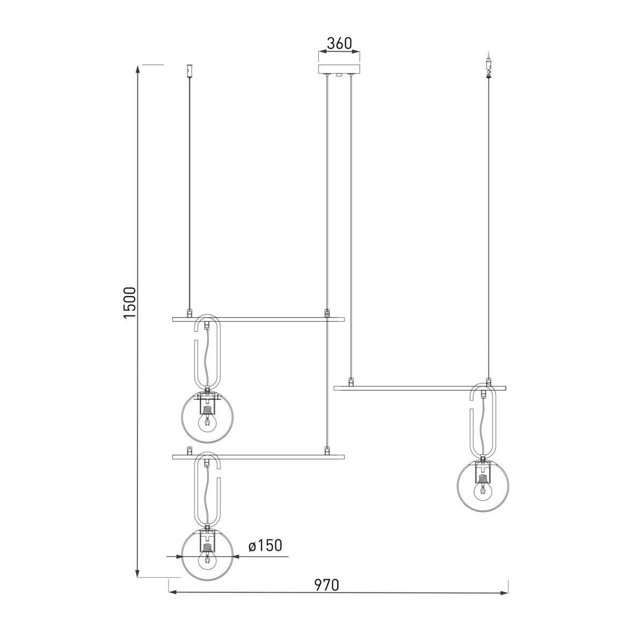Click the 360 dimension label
click(x=339, y=43)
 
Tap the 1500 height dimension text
click(x=130, y=303)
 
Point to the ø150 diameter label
click(x=265, y=545)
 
